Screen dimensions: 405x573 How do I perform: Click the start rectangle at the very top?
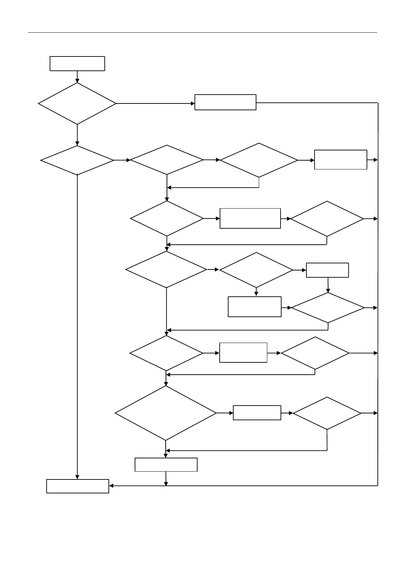click(x=77, y=64)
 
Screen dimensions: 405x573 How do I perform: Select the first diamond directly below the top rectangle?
click(x=77, y=103)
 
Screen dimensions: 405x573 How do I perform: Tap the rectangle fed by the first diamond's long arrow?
click(x=225, y=102)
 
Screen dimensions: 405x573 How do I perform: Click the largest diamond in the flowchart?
click(x=166, y=413)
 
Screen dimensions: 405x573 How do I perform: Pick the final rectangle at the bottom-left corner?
click(x=78, y=486)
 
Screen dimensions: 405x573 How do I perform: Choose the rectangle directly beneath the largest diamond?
click(x=166, y=464)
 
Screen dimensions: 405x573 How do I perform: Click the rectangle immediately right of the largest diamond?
click(x=257, y=413)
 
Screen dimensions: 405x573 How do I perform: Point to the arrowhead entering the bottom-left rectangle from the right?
click(x=111, y=486)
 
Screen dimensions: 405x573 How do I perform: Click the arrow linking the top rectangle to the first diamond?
click(x=77, y=77)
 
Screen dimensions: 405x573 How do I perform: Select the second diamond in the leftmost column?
click(x=77, y=160)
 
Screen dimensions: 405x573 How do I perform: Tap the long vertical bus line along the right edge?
click(x=378, y=293)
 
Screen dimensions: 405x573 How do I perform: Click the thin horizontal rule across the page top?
click(x=202, y=33)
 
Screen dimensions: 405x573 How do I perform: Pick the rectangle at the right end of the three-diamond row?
click(x=340, y=160)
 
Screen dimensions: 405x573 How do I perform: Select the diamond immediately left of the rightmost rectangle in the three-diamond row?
click(x=259, y=160)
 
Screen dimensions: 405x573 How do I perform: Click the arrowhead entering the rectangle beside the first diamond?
click(x=192, y=103)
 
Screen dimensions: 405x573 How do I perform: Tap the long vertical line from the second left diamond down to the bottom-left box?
click(x=77, y=327)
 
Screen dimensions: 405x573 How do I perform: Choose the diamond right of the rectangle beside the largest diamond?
click(x=327, y=413)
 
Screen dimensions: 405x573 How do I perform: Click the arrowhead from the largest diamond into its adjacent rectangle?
click(x=231, y=413)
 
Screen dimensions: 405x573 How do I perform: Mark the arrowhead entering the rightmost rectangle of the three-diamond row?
click(x=312, y=160)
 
